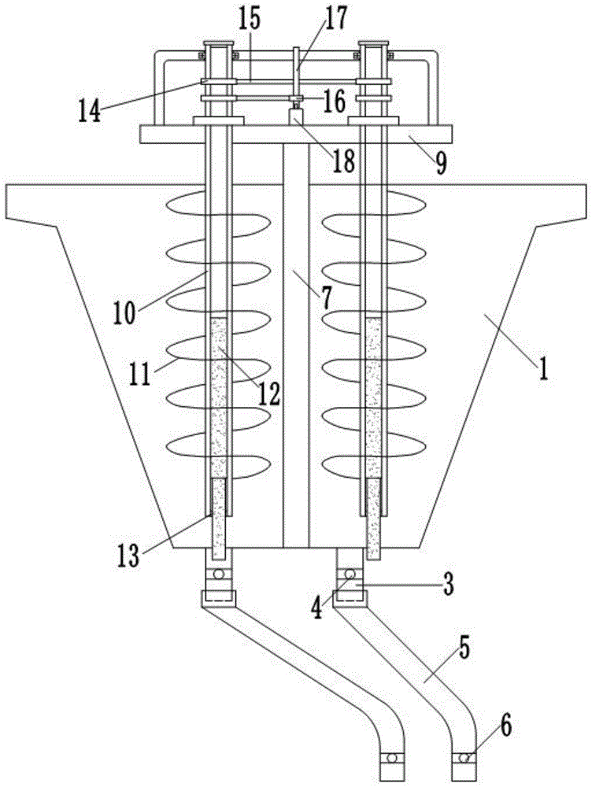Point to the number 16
334,102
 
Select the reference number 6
505,724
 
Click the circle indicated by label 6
464,758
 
